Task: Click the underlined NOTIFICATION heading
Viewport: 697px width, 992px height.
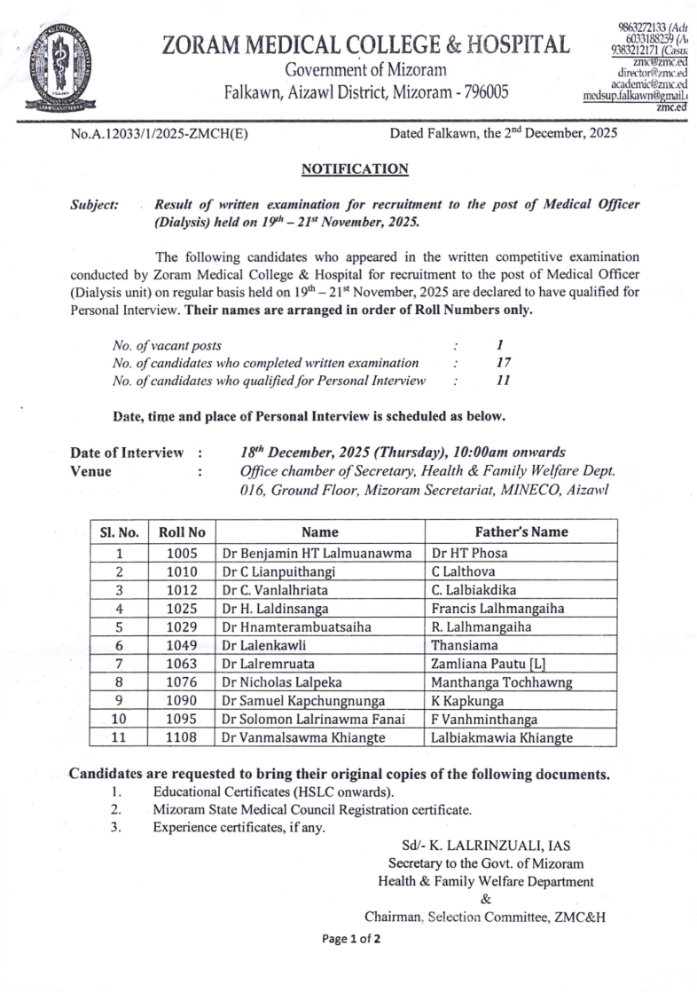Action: point(355,169)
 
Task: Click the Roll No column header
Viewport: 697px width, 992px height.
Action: point(182,532)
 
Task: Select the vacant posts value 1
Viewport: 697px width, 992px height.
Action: point(501,344)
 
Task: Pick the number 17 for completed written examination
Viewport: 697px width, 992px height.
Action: point(503,362)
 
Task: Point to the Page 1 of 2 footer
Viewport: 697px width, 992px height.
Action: point(352,940)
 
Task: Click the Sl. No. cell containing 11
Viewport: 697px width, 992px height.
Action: point(118,737)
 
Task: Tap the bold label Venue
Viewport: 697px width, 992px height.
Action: point(90,471)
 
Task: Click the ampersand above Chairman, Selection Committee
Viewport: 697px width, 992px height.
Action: point(485,899)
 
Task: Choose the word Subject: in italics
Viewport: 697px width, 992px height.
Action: point(94,205)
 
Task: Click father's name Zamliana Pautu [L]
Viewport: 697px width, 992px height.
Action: point(486,664)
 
